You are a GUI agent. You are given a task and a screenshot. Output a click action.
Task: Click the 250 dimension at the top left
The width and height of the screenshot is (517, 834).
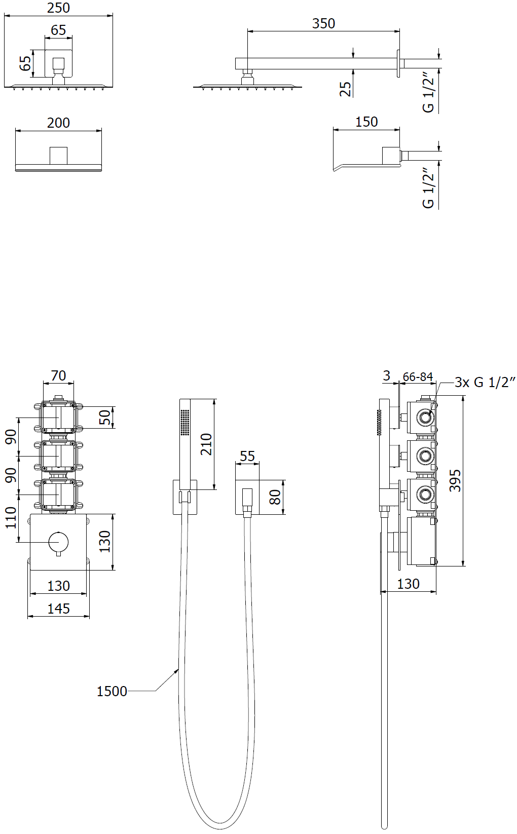pyautogui.click(x=58, y=8)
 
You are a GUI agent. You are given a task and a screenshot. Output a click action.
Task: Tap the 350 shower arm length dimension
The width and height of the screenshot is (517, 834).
pyautogui.click(x=323, y=23)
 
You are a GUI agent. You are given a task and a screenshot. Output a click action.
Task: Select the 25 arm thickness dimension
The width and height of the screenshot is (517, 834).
pyautogui.click(x=346, y=89)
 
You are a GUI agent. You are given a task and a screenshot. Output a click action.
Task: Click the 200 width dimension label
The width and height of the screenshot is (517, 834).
pyautogui.click(x=58, y=123)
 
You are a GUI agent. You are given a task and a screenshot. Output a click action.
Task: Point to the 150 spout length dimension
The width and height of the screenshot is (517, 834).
pyautogui.click(x=366, y=122)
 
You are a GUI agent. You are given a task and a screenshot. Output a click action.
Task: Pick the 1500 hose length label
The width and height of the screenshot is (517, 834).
pyautogui.click(x=112, y=692)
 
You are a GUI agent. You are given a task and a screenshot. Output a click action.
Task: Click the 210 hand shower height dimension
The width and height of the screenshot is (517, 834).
pyautogui.click(x=206, y=444)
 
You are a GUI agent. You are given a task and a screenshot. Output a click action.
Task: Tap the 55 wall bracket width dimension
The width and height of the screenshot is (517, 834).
pyautogui.click(x=247, y=456)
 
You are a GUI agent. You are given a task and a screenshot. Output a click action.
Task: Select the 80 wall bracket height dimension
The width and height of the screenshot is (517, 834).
pyautogui.click(x=275, y=497)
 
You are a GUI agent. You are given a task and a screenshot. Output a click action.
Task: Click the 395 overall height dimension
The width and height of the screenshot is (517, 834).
pyautogui.click(x=455, y=481)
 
